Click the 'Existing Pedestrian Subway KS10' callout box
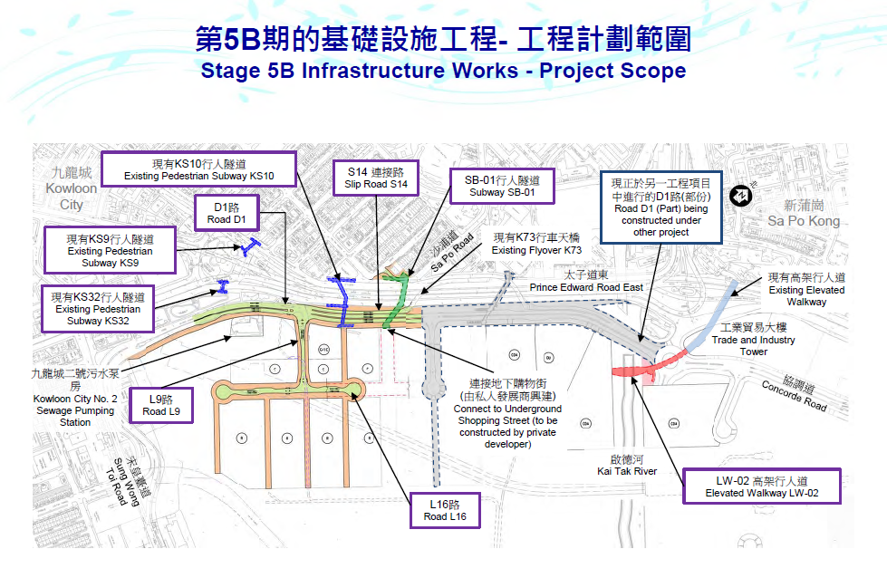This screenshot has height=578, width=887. click(x=198, y=169)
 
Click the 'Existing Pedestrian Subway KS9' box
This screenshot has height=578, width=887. click(x=110, y=250)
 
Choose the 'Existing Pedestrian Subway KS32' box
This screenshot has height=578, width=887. click(x=98, y=308)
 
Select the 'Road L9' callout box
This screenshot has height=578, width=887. click(x=168, y=405)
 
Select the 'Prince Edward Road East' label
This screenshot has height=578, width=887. click(x=586, y=282)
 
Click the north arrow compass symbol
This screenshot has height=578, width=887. click(x=740, y=196)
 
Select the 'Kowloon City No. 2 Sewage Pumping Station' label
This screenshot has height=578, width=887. click(x=75, y=398)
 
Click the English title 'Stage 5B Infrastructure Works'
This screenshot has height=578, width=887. click(x=443, y=71)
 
